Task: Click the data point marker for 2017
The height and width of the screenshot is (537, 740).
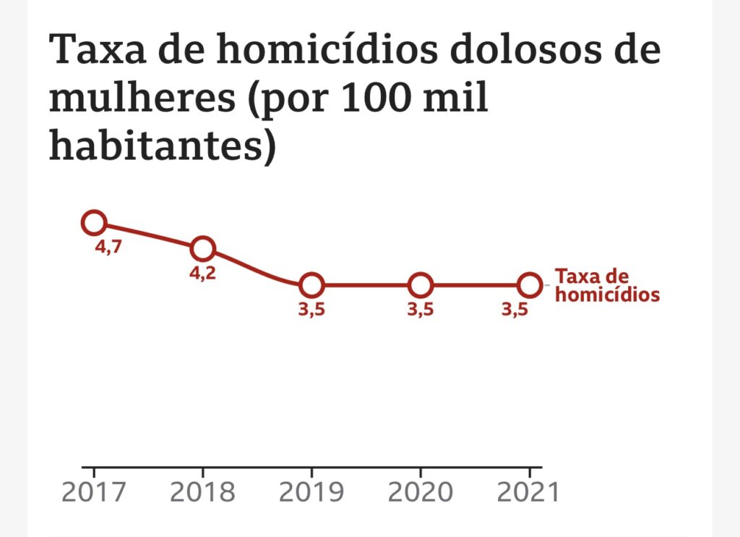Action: tap(94, 222)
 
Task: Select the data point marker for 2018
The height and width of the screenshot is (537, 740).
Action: tap(203, 249)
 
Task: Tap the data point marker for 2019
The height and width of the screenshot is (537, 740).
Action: tap(311, 285)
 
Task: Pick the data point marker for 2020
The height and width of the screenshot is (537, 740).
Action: tap(420, 285)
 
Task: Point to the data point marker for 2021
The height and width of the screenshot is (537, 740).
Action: tap(530, 285)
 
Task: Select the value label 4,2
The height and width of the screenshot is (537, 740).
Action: tap(202, 274)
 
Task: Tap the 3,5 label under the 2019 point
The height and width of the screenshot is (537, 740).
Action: tap(311, 310)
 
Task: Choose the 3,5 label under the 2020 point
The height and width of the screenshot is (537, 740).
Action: tap(420, 310)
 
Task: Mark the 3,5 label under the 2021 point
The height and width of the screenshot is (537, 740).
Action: tap(515, 310)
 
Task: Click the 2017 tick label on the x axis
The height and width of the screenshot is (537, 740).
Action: tap(93, 492)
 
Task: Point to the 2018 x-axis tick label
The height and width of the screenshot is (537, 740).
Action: tap(202, 492)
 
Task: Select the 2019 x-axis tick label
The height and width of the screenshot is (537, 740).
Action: tap(311, 492)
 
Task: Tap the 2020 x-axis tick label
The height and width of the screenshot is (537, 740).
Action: tap(421, 492)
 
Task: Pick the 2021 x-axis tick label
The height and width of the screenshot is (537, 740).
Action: tap(529, 492)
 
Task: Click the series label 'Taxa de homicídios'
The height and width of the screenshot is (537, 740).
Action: tap(607, 286)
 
